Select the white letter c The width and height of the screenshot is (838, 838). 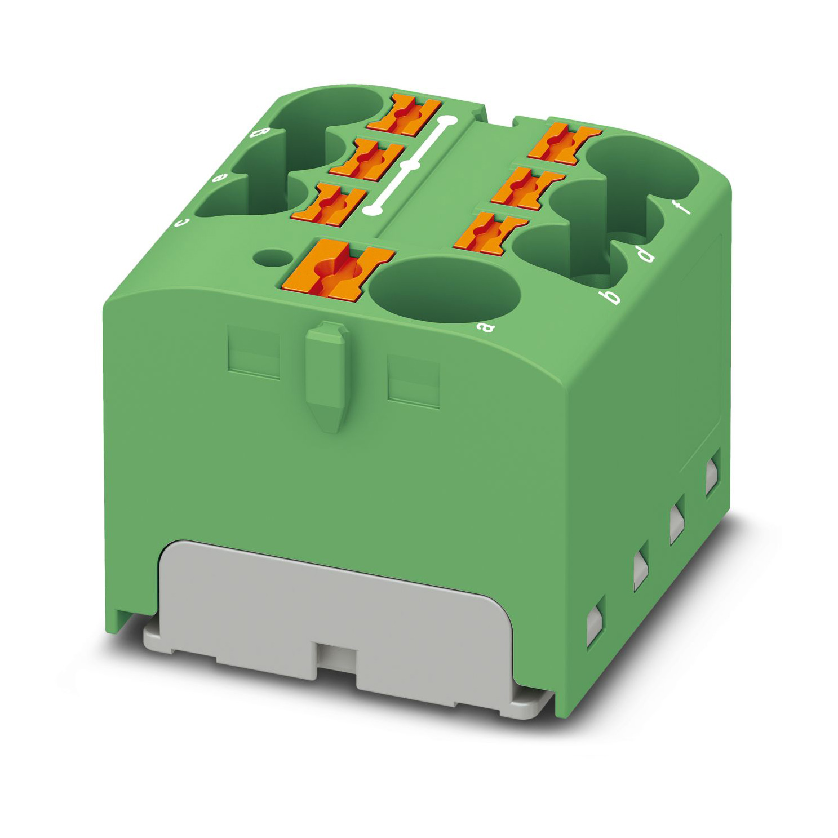[181, 222]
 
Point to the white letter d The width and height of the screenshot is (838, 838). [646, 256]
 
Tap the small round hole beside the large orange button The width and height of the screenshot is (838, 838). [268, 257]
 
